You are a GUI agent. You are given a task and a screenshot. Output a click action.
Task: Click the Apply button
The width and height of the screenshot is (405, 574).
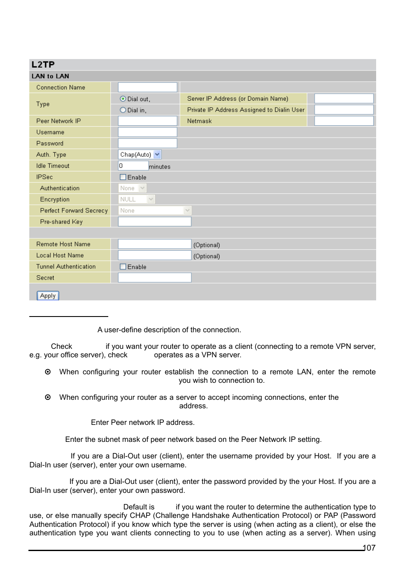click(x=48, y=296)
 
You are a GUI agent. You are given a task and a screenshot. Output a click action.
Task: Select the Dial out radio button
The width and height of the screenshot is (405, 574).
click(x=123, y=99)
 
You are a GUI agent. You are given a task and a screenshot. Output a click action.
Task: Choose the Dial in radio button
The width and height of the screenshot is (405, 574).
click(x=123, y=110)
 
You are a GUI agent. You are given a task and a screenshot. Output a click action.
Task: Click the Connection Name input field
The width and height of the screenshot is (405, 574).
click(x=147, y=88)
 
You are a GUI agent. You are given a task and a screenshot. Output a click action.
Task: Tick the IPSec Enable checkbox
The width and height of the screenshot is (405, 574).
click(x=123, y=177)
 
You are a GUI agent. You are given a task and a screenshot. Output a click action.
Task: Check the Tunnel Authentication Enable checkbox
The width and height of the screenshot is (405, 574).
click(x=123, y=267)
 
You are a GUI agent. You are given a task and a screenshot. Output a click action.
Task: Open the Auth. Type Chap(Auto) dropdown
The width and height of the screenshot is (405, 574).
click(x=140, y=155)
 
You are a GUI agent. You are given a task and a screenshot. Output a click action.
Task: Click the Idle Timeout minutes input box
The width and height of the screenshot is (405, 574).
click(x=133, y=166)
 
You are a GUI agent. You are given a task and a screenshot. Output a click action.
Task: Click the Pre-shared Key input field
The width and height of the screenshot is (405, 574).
click(x=155, y=222)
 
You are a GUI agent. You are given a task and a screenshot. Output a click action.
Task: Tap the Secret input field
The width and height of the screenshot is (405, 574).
click(x=155, y=278)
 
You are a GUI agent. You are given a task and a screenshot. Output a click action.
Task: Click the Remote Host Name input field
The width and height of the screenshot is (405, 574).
click(x=155, y=244)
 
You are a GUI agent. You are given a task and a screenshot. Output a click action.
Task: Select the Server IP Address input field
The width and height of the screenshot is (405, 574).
click(x=344, y=99)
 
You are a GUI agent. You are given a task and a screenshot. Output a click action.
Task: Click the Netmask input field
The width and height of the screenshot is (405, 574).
click(x=344, y=121)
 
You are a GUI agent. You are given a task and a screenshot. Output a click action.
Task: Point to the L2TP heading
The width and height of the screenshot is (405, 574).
click(x=43, y=65)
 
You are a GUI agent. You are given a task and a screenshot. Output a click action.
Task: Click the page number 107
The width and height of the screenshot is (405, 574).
click(x=369, y=548)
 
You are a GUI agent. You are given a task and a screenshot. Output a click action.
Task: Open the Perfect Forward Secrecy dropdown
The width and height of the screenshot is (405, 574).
click(x=155, y=211)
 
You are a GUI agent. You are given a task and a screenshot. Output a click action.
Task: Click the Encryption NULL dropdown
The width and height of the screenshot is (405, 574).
click(x=137, y=199)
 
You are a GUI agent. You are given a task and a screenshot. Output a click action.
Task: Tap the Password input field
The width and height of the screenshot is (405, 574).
click(x=147, y=144)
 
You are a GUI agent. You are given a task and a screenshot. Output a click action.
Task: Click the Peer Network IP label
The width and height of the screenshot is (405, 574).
click(x=59, y=121)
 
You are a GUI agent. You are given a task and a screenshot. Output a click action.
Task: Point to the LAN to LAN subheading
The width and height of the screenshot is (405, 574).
click(x=50, y=76)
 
